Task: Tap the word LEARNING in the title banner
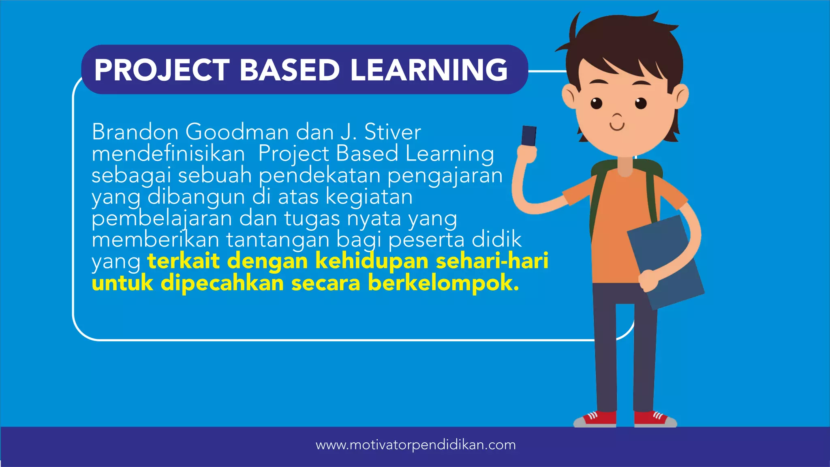pyautogui.click(x=429, y=70)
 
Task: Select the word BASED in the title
pyautogui.click(x=289, y=70)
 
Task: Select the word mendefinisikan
pyautogui.click(x=168, y=154)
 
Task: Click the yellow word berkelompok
pyautogui.click(x=443, y=283)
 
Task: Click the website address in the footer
pyautogui.click(x=415, y=445)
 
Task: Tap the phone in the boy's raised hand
pyautogui.click(x=529, y=136)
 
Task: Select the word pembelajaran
pyautogui.click(x=162, y=219)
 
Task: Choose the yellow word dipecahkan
pyautogui.click(x=222, y=283)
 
